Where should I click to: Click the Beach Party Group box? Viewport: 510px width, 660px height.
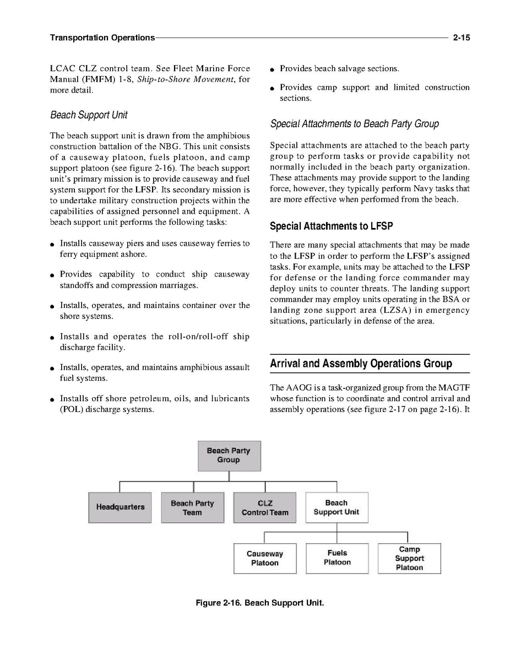click(x=229, y=456)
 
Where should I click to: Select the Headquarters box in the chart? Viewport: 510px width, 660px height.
click(x=120, y=507)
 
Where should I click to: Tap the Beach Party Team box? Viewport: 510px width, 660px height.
click(x=192, y=507)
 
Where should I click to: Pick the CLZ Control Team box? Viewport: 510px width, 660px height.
click(x=265, y=507)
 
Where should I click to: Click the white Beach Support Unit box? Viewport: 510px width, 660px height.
click(x=337, y=507)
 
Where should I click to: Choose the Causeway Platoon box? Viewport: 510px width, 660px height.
click(x=265, y=558)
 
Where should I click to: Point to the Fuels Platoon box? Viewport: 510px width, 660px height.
click(x=337, y=558)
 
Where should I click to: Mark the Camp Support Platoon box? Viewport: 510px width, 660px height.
click(x=409, y=558)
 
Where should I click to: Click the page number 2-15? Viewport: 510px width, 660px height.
click(x=460, y=38)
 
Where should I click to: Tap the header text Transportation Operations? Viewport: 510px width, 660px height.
click(x=102, y=38)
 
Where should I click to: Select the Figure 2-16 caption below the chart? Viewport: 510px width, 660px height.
click(x=260, y=603)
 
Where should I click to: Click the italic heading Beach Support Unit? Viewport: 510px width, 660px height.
click(x=89, y=115)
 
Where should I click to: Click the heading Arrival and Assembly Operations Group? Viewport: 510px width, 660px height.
click(x=361, y=364)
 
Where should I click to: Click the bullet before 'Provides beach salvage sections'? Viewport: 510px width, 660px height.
click(x=273, y=69)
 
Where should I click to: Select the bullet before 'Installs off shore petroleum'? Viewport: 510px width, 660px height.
click(x=52, y=399)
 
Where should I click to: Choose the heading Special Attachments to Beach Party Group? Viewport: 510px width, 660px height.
click(x=354, y=124)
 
